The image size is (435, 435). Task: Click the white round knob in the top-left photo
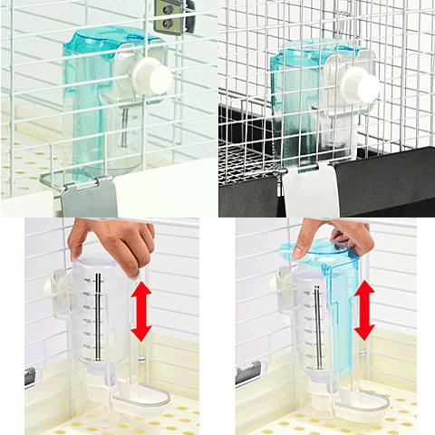click(x=151, y=77)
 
